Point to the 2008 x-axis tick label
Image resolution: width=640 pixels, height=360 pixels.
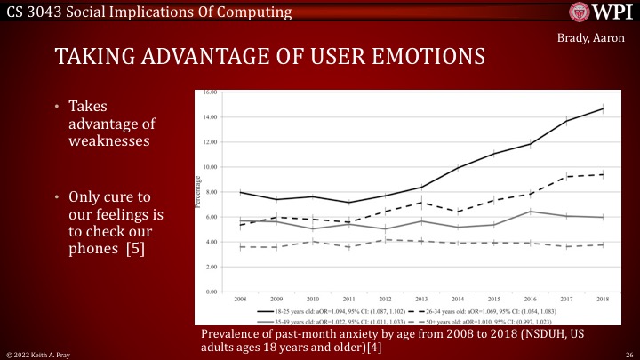tap(240, 300)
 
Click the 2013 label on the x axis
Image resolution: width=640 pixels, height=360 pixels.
tap(420, 300)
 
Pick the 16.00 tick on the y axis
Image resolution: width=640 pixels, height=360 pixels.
tap(211, 92)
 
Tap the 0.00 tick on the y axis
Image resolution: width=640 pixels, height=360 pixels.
tap(212, 292)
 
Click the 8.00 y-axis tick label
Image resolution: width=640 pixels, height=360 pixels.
tap(212, 192)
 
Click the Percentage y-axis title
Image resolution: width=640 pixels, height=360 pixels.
tap(198, 192)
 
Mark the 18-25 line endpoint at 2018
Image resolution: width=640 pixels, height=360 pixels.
tap(602, 109)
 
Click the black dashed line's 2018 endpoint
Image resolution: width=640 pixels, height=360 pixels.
tap(602, 174)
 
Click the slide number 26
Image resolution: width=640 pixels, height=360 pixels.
tap(628, 353)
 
